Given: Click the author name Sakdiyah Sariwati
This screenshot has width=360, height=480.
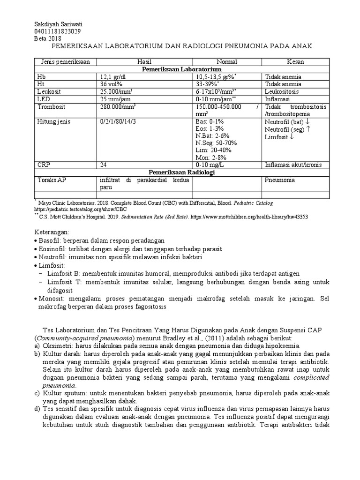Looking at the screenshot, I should point(56,24).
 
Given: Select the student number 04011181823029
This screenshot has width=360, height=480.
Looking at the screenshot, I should point(58,31).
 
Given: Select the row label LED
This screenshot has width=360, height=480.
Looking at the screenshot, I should point(42,99).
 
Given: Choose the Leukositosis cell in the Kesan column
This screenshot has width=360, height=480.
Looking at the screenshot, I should point(281,92).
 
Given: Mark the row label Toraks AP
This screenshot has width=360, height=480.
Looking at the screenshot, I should point(50,180).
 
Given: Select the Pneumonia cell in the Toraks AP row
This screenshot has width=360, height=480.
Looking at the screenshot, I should point(279,180).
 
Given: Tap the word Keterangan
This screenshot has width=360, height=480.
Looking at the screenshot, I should point(52,232).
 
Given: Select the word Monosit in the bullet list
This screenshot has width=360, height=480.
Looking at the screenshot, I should point(52,298).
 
